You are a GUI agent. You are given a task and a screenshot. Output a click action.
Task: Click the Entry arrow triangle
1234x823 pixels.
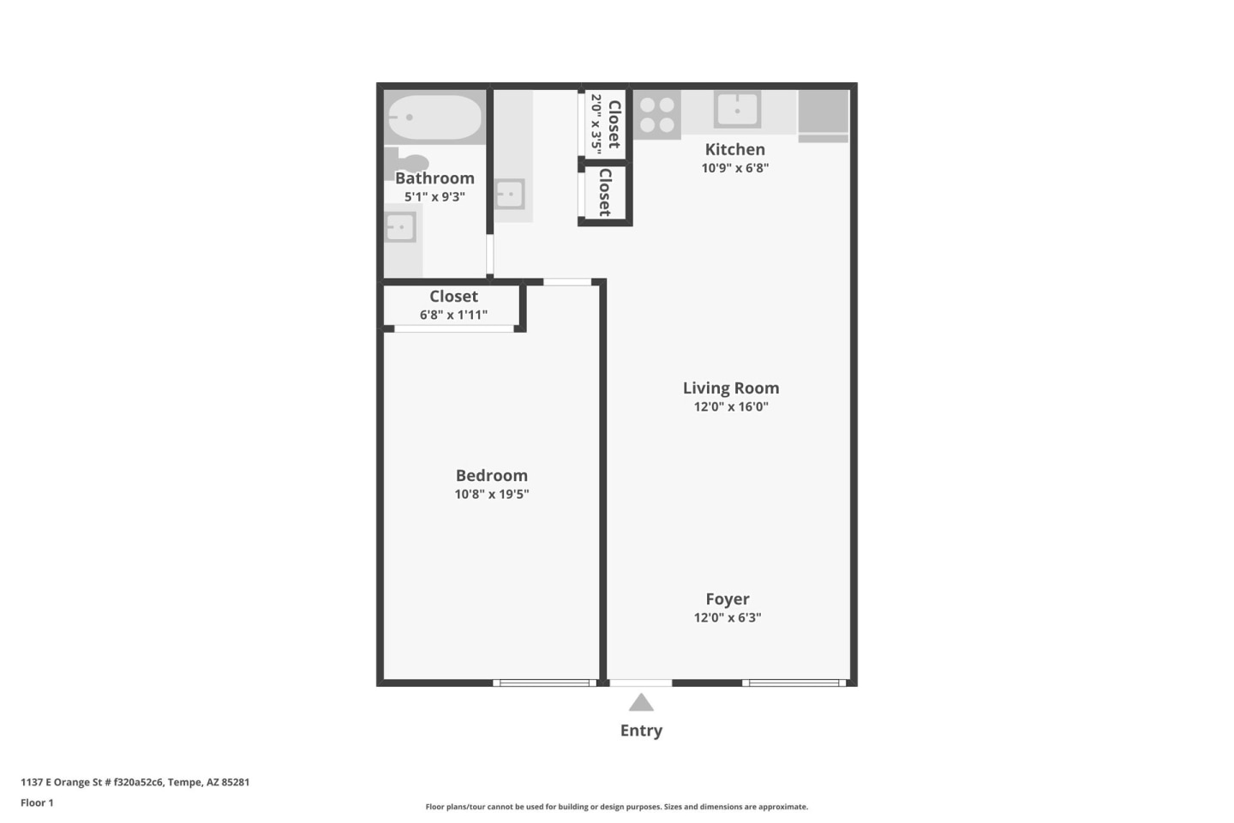[x=641, y=704]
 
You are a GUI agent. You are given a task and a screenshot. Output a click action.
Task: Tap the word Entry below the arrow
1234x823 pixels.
[x=641, y=730]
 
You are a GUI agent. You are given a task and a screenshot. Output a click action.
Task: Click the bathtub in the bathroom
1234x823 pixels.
[x=434, y=117]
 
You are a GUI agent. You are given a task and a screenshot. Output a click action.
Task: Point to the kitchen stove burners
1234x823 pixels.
[x=656, y=115]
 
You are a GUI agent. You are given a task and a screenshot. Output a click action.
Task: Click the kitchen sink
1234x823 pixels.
[x=737, y=110]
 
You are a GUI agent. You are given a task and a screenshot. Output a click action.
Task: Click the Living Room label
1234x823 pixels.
[x=731, y=388]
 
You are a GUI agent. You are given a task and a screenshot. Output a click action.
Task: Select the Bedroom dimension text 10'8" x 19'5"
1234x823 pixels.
[x=492, y=494]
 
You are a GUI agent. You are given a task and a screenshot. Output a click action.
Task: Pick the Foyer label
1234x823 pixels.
[x=728, y=599]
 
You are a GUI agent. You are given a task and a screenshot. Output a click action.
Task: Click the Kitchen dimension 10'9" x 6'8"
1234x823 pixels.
[x=734, y=168]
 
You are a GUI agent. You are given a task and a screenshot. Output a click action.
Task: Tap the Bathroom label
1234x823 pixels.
[x=434, y=178]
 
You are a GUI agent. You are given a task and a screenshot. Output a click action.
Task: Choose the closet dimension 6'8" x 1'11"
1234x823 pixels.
[x=453, y=315]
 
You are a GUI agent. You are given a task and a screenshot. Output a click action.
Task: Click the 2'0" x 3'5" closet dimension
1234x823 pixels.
[x=596, y=121]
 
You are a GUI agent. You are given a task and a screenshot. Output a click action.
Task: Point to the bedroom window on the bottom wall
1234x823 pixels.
[x=545, y=682]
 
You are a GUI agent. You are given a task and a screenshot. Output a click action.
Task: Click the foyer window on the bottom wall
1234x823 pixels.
[x=794, y=682]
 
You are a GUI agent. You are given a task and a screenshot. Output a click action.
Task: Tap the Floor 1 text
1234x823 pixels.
[x=37, y=803]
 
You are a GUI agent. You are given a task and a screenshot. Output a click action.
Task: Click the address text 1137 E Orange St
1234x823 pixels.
[x=135, y=782]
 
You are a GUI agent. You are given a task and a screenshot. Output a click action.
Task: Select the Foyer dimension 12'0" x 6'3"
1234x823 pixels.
[x=728, y=617]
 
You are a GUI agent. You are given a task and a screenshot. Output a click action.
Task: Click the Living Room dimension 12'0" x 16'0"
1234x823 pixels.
[x=731, y=407]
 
